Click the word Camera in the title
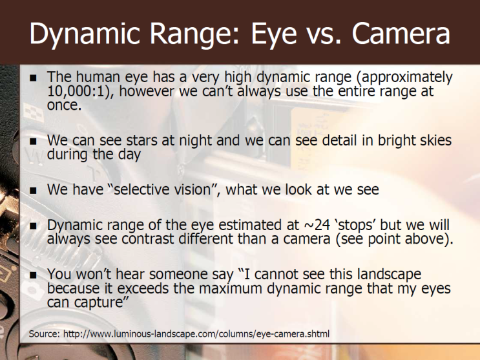[x=401, y=33]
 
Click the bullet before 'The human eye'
[x=33, y=78]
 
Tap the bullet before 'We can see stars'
[x=33, y=142]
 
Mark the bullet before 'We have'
[x=33, y=191]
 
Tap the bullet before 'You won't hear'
[x=33, y=275]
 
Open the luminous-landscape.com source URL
[x=196, y=334]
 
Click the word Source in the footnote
[x=44, y=334]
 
